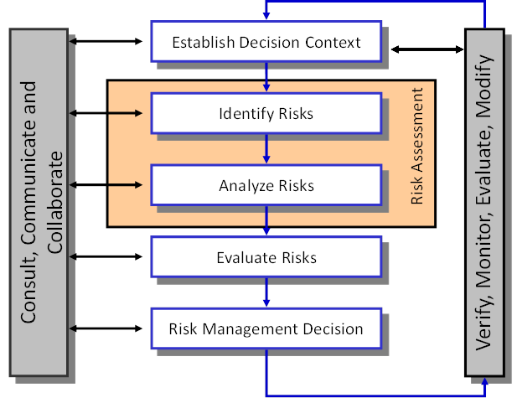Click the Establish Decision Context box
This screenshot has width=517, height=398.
[x=266, y=41]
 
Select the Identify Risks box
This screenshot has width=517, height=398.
[x=266, y=113]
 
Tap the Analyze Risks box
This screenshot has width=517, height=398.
[x=266, y=185]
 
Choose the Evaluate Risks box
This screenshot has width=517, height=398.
[x=266, y=257]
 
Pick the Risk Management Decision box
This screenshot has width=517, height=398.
[x=266, y=328]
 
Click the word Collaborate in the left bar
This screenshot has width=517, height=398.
[x=56, y=201]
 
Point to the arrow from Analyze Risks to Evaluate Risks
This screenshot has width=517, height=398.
[x=266, y=222]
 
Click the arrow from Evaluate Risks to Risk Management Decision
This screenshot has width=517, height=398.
[x=266, y=292]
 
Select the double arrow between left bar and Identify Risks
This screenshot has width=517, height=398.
[x=109, y=112]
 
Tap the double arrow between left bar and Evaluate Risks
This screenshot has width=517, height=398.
[x=109, y=256]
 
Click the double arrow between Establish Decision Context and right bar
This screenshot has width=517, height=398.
[x=427, y=49]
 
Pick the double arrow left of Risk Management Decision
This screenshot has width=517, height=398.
[x=109, y=328]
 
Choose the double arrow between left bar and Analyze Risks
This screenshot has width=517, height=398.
[x=109, y=184]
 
